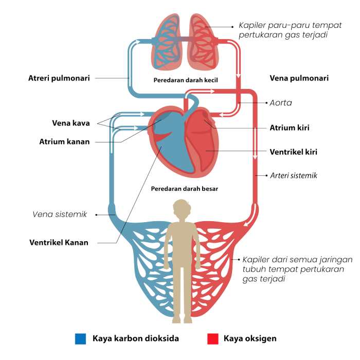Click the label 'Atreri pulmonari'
click(59, 78)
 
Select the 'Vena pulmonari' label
click(299, 78)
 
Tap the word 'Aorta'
click(281, 103)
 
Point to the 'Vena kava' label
click(71, 123)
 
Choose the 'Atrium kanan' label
click(64, 141)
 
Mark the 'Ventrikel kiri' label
click(293, 152)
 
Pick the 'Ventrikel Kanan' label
click(59, 242)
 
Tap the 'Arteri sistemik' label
click(294, 175)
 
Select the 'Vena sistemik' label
click(60, 214)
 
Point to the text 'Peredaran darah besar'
click(184, 189)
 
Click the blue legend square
click(80, 338)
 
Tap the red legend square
click(212, 338)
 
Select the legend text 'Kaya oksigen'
click(250, 338)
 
